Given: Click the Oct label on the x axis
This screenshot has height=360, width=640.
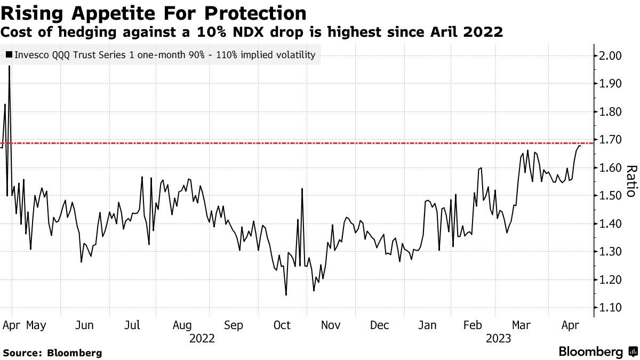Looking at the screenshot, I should pos(282,325).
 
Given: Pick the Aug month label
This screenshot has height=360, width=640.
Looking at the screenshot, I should pos(182,325).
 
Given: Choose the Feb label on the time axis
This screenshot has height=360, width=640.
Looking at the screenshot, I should pos(473,325).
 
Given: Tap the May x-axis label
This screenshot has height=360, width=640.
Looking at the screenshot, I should pos(36,325).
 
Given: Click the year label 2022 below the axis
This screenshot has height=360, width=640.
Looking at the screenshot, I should pos(202,339).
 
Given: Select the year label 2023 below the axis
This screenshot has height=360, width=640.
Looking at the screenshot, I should pos(498,339).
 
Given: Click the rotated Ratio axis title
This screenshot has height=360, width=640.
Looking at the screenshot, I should pos(631,181).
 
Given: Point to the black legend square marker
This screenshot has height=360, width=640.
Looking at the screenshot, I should pos(9,54).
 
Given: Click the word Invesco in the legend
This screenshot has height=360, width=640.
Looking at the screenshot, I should pos(31,54).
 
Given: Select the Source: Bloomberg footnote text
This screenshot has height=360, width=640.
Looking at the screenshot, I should pos(52,353).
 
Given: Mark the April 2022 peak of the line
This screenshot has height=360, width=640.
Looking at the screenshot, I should pos(9,67).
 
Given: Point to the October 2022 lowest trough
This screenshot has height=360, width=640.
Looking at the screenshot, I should pos(286,295).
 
